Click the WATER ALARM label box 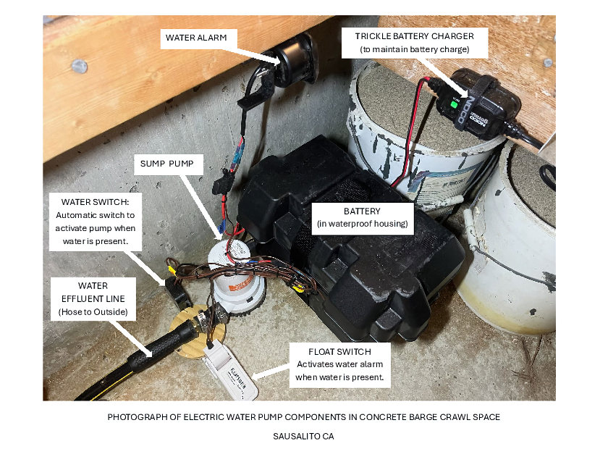pyautogui.click(x=195, y=38)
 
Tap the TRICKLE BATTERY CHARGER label pyautogui.click(x=415, y=42)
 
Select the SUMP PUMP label pyautogui.click(x=167, y=164)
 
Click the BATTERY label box pyautogui.click(x=362, y=217)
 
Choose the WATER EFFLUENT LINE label pyautogui.click(x=92, y=298)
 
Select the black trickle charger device pyautogui.click(x=478, y=101)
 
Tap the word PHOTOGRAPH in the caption pyautogui.click(x=137, y=417)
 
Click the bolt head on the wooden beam pyautogui.click(x=80, y=66)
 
